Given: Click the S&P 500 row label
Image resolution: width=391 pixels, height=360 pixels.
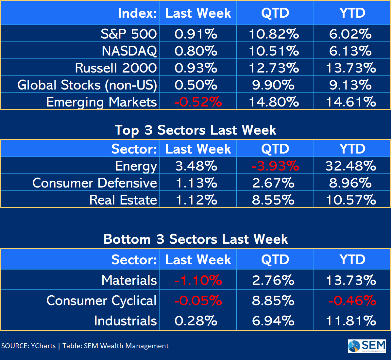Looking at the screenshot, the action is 129,34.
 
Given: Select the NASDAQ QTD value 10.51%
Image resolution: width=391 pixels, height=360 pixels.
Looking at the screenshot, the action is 274,51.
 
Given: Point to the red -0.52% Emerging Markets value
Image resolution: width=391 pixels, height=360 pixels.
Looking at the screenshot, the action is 198,102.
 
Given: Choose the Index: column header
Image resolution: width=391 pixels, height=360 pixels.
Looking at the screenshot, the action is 137,13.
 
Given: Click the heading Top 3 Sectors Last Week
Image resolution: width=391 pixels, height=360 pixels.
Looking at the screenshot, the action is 195,130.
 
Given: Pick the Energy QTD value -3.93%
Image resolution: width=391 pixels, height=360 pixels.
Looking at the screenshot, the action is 275,166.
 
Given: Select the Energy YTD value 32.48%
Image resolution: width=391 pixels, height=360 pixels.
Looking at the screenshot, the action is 350,166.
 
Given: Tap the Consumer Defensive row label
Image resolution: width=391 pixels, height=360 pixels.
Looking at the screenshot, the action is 95,183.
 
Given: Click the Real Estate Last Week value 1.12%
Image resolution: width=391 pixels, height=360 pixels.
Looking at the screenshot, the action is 196,200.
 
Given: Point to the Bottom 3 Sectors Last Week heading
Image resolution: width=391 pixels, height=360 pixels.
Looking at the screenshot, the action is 195,239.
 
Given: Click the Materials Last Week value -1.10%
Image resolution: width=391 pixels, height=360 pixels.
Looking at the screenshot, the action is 198,280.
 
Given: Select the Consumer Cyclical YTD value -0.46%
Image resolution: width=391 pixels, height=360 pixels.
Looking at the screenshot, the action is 352,301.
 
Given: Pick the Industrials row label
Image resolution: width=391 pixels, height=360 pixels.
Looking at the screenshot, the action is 126,321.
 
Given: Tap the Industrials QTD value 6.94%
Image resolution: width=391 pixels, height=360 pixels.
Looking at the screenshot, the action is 273,321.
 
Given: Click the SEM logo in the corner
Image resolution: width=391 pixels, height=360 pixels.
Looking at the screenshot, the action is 367,346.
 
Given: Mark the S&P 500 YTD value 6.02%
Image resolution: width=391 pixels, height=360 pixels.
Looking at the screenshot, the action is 350,34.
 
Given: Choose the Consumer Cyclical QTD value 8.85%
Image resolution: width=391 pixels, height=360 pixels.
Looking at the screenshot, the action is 273,301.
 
